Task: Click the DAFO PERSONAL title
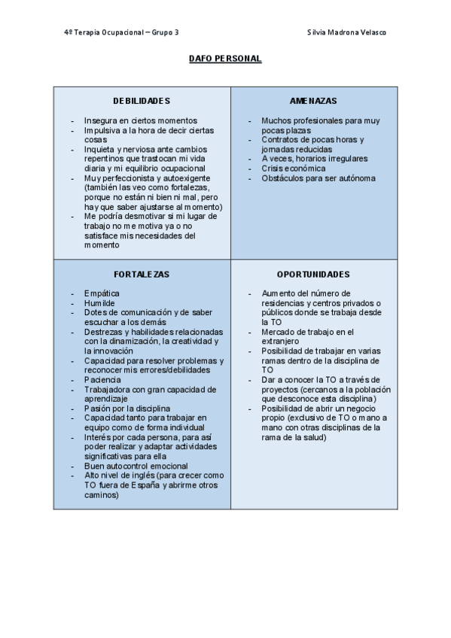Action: (225, 59)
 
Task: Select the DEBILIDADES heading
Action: (142, 101)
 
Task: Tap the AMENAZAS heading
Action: (313, 101)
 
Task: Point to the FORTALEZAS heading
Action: (142, 275)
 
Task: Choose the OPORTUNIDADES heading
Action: (312, 275)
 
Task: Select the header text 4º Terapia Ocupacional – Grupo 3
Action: (122, 32)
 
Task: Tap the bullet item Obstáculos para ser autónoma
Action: (318, 178)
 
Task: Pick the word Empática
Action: (102, 293)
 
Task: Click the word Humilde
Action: (99, 303)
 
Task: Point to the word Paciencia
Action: (102, 380)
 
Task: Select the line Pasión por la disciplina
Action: (127, 409)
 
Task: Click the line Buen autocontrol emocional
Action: (136, 466)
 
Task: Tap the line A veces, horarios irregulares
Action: (314, 159)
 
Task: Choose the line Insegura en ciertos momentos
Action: (140, 120)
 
